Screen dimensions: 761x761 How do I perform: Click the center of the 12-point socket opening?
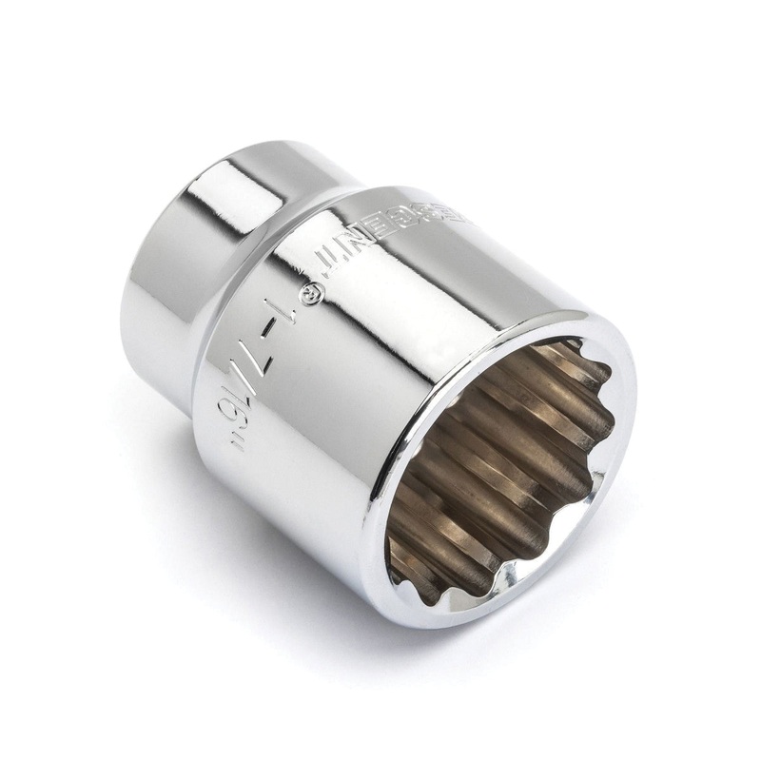tap(499, 466)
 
